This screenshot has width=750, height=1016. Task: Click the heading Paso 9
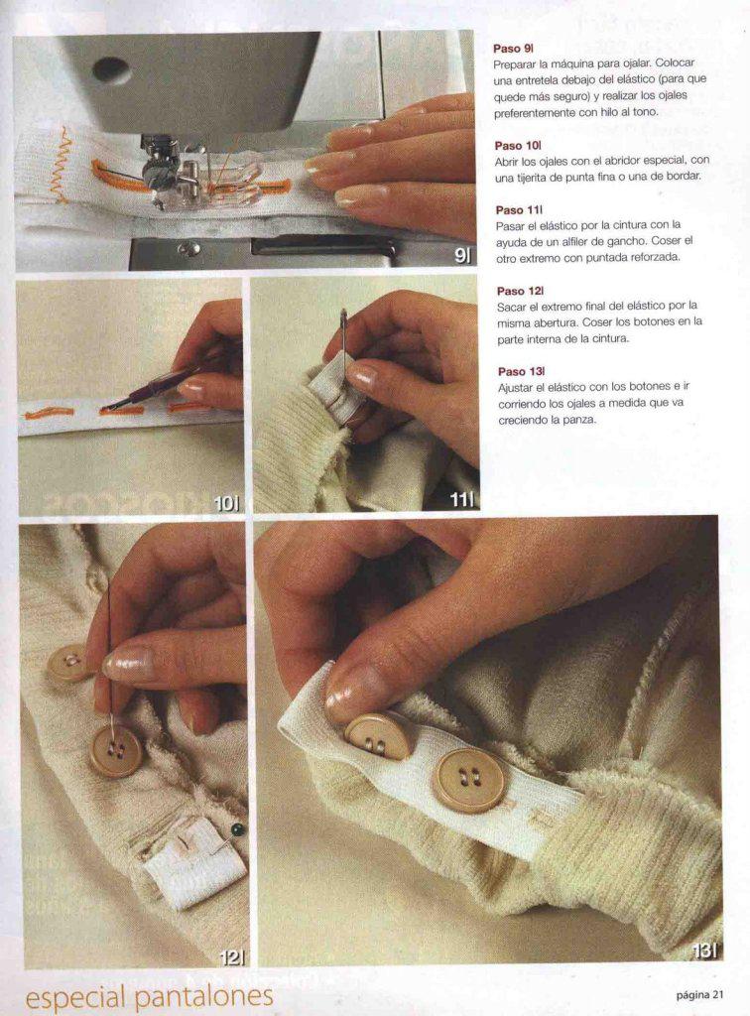tap(513, 49)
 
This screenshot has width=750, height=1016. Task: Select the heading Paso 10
tap(518, 146)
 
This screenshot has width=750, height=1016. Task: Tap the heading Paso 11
tap(519, 210)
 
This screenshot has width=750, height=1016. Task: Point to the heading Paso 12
tap(520, 291)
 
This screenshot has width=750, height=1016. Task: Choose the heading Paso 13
tap(522, 371)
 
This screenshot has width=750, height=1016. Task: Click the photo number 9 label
tap(461, 256)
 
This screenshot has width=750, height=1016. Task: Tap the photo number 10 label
tap(226, 503)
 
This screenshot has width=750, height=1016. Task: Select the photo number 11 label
tap(461, 499)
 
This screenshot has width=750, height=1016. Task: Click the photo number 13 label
tap(704, 951)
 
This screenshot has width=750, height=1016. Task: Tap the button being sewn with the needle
tap(116, 752)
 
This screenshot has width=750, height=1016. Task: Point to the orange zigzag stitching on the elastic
tap(60, 164)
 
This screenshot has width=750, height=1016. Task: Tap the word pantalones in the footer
tap(202, 996)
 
